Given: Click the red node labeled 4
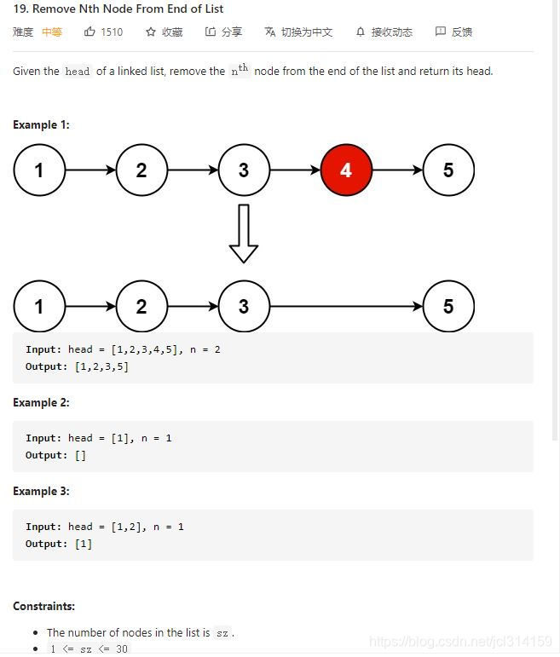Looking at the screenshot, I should click(x=346, y=170).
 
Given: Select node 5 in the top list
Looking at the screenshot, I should click(x=448, y=170).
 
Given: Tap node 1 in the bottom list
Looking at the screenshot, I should click(x=39, y=307).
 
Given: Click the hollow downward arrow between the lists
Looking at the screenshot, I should click(x=244, y=234).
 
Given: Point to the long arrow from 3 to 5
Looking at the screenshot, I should click(x=346, y=307).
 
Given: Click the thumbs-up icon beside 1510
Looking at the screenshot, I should click(x=89, y=32).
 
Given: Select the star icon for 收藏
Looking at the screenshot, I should click(x=151, y=32).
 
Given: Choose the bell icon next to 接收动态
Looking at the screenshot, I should click(x=361, y=32).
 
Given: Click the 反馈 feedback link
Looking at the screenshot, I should click(x=453, y=32).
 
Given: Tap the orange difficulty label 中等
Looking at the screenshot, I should click(x=52, y=32).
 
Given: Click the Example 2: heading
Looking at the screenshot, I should click(x=41, y=402).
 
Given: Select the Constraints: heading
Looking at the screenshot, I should click(x=43, y=607).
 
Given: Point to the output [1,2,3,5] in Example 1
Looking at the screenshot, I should click(x=101, y=366).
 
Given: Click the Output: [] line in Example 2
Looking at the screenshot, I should click(x=56, y=455).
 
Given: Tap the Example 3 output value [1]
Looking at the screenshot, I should click(x=84, y=544).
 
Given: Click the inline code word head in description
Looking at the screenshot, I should click(x=78, y=72).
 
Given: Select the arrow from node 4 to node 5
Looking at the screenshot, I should click(x=397, y=170).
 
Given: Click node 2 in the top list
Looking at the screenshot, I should click(x=141, y=170).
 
